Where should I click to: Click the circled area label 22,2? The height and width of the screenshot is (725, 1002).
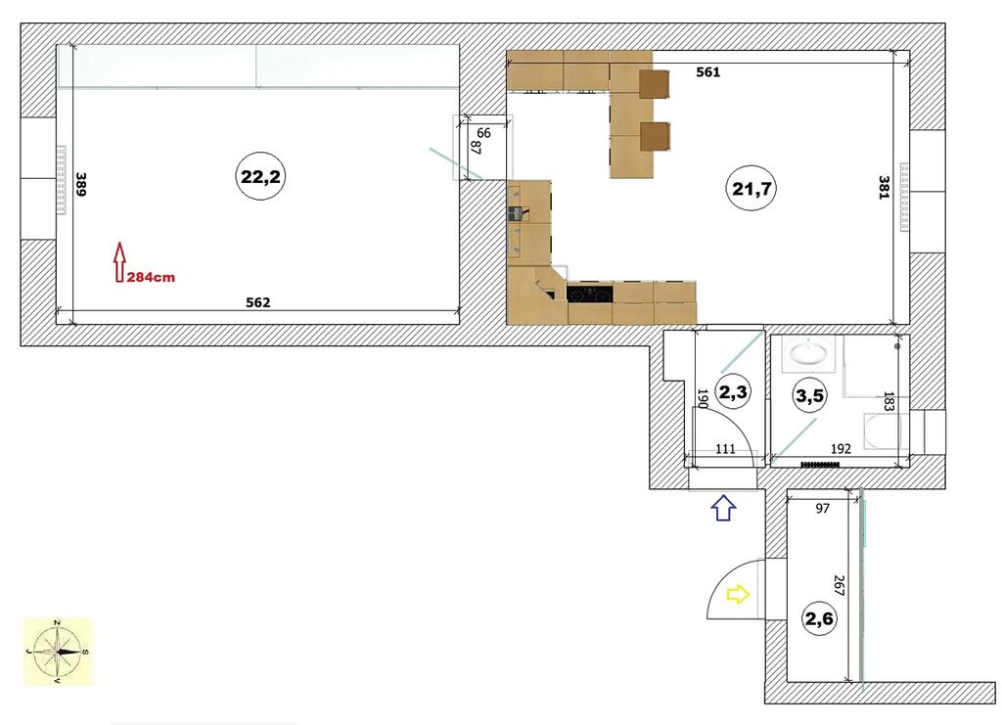[x=260, y=176]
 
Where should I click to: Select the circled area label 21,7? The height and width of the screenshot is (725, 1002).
[x=751, y=189]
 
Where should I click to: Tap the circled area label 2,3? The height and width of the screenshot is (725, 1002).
[x=733, y=391]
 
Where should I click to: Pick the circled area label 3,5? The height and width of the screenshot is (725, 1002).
[x=809, y=395]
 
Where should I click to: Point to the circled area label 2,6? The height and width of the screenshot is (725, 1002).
[x=819, y=618]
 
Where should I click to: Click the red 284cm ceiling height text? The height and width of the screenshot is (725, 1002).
[x=151, y=277]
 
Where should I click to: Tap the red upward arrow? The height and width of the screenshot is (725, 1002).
[x=118, y=262]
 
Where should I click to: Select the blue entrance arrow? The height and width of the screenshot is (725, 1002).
[x=723, y=508]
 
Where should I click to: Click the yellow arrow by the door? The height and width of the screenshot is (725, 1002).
[x=738, y=595]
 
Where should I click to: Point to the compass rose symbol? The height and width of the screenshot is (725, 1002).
[x=58, y=652]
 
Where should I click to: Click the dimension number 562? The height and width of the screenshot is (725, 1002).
[x=258, y=302]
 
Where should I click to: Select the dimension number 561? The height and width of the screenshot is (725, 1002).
[x=708, y=72]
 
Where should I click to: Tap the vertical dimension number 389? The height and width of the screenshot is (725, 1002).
[x=80, y=184]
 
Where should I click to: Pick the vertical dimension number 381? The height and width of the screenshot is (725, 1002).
[x=884, y=187]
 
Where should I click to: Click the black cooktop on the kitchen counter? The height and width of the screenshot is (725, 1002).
[x=589, y=295]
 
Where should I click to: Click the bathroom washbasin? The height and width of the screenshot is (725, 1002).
[x=808, y=354]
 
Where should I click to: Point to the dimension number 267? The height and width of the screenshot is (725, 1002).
[x=839, y=586]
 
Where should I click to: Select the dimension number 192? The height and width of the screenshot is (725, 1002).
[x=841, y=448]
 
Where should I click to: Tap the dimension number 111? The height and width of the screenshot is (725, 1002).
[x=725, y=448]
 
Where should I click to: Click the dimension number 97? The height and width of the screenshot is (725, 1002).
[x=822, y=508]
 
